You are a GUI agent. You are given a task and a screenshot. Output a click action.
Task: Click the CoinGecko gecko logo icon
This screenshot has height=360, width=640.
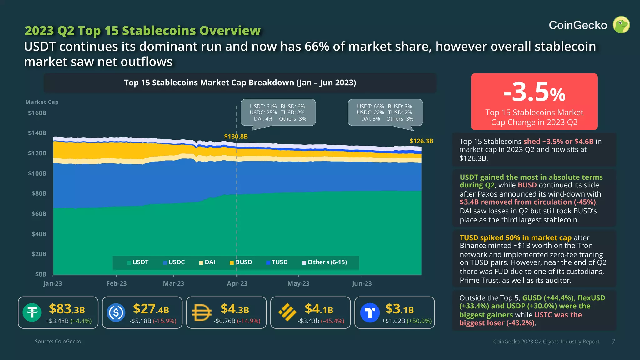pyautogui.click(x=621, y=25)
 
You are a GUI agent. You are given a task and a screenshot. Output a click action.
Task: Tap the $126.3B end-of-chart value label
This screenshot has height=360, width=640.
pyautogui.click(x=421, y=141)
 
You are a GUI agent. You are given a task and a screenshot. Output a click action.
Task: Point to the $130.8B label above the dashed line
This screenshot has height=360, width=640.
pyautogui.click(x=236, y=137)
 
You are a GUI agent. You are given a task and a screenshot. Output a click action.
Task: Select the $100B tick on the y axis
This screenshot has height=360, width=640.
pyautogui.click(x=37, y=173)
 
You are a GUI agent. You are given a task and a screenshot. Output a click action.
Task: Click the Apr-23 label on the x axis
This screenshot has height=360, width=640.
pyautogui.click(x=237, y=283)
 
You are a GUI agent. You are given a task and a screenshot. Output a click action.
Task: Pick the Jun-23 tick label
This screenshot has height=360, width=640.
pyautogui.click(x=362, y=283)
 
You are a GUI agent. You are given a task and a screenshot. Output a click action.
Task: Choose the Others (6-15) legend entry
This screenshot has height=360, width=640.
pyautogui.click(x=325, y=262)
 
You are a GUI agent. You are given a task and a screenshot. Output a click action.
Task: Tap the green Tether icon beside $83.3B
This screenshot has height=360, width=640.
pyautogui.click(x=32, y=312)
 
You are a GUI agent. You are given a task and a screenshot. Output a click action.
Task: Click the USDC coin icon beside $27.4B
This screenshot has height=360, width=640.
pyautogui.click(x=116, y=312)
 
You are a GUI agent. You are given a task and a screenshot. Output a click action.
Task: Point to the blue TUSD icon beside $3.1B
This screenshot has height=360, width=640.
pyautogui.click(x=370, y=312)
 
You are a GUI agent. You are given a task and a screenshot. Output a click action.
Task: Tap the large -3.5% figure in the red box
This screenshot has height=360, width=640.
pyautogui.click(x=534, y=92)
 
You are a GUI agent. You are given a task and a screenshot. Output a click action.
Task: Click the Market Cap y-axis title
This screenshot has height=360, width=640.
pyautogui.click(x=42, y=102)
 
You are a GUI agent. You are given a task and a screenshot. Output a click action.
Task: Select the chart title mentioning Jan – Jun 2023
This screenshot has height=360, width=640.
pyautogui.click(x=240, y=83)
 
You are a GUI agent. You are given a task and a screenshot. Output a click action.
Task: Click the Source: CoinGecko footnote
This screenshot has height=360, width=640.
pyautogui.click(x=58, y=342)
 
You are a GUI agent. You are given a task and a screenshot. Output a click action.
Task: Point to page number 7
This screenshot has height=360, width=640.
pyautogui.click(x=613, y=342)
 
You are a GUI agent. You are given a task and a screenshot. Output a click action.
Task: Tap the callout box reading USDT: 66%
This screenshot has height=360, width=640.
pyautogui.click(x=385, y=112)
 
